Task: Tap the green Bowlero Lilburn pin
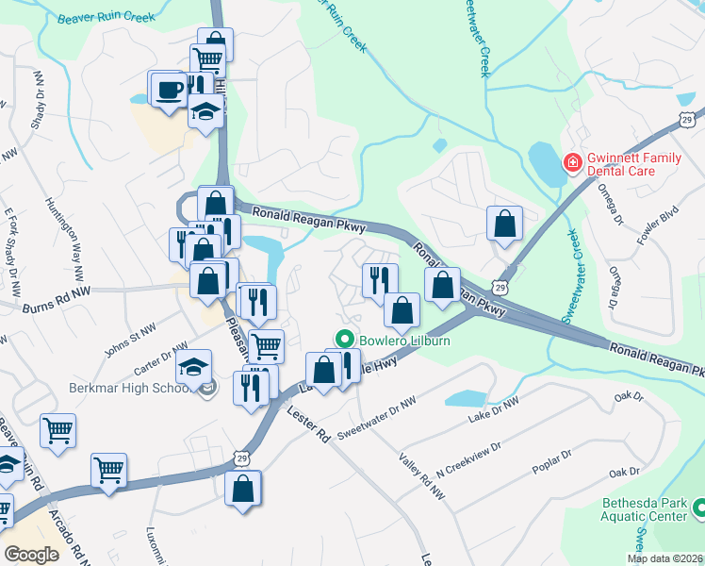coord(345,339)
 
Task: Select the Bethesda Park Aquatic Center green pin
coord(698,509)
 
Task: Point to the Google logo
coord(32,554)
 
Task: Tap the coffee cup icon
coord(170,91)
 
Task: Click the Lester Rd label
coord(308,423)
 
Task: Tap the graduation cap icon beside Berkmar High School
coord(194,367)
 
